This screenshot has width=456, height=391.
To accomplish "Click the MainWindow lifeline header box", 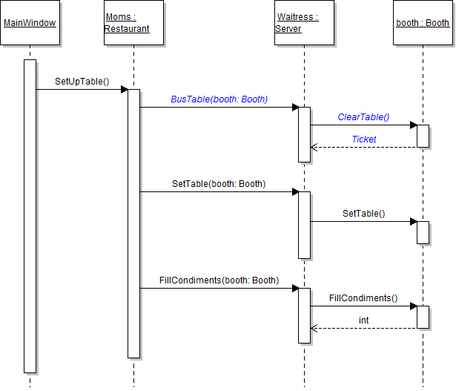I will (30, 23).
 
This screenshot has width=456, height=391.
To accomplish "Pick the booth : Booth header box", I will (423, 23).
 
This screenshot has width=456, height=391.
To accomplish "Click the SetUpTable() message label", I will (82, 81).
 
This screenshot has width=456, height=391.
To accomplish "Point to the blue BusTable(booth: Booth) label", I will (219, 99).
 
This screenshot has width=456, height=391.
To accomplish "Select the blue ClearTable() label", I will (363, 116).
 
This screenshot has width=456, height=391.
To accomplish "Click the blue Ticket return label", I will (363, 139).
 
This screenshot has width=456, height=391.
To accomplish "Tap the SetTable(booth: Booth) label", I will (219, 183).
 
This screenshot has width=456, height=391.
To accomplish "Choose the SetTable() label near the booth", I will (363, 213).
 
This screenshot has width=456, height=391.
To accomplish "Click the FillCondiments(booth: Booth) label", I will (219, 280).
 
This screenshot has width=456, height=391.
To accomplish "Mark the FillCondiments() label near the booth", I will (363, 298).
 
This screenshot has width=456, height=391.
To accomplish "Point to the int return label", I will (363, 320).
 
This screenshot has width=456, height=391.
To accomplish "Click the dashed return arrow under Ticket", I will (363, 147).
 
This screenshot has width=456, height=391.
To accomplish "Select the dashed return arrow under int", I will (363, 328).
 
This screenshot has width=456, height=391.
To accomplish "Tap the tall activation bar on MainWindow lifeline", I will (30, 215).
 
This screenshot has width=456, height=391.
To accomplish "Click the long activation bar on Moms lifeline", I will (133, 223).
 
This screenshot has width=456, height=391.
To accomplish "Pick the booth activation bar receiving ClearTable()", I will (423, 136).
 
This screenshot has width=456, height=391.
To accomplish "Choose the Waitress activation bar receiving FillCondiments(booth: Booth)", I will (304, 315).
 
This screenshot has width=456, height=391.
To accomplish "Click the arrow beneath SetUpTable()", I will (82, 90).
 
